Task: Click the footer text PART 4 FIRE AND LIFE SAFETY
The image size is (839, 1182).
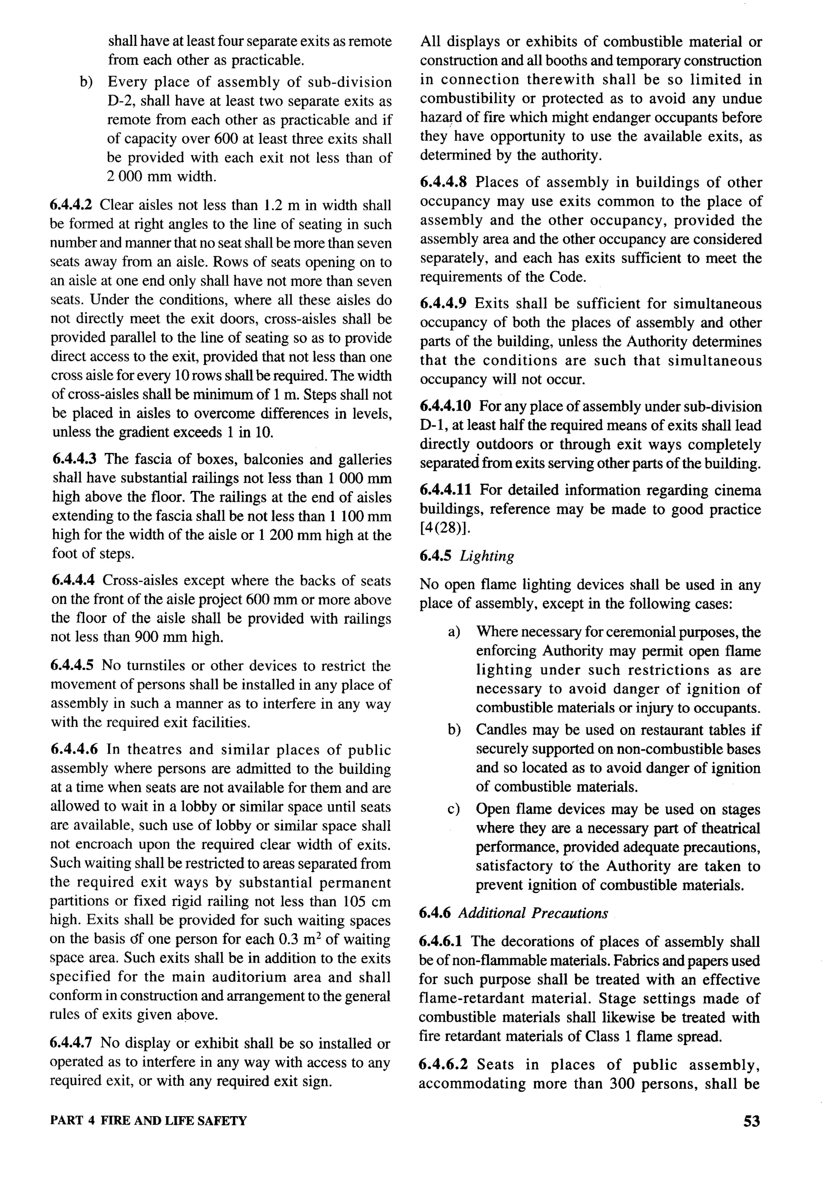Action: (148, 1121)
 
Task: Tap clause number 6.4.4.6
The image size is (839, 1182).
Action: (74, 750)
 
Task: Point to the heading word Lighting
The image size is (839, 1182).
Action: (487, 556)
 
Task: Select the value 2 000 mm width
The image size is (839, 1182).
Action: (161, 177)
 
